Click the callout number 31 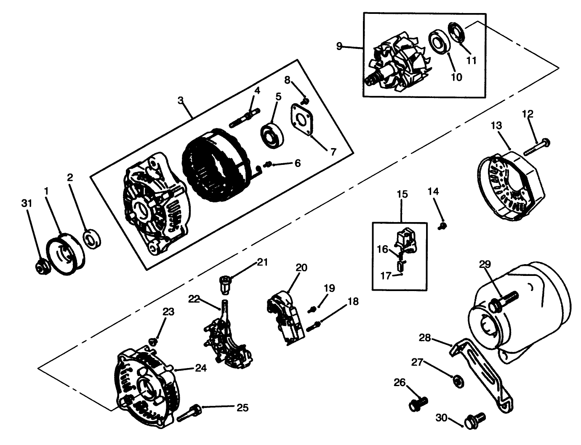(27, 204)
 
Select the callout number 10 (456, 77)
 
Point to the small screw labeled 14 (442, 226)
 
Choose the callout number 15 (402, 194)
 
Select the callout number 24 (201, 368)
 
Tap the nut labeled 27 (456, 381)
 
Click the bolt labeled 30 (474, 420)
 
